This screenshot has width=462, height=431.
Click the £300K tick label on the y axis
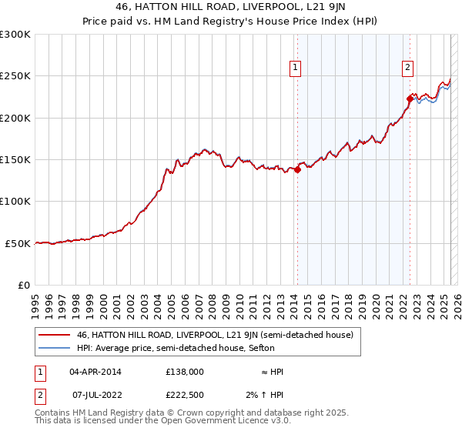tap(15, 35)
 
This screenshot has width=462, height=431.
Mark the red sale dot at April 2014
tap(297, 170)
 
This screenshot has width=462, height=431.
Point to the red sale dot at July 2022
tap(410, 99)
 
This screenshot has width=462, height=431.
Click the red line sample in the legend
tap(54, 335)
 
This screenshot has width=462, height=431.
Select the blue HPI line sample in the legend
tap(54, 348)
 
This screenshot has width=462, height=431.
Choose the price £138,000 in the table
tap(185, 371)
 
